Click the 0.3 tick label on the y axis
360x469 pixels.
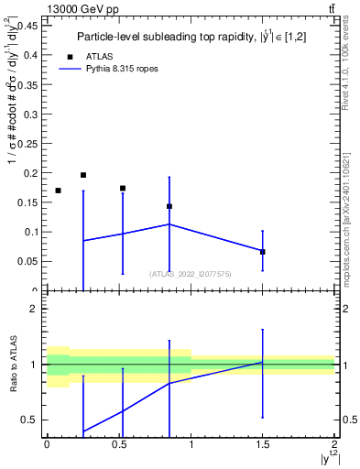pyautogui.click(x=30, y=114)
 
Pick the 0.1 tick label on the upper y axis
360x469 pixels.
pyautogui.click(x=30, y=232)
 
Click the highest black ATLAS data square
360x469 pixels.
pyautogui.click(x=83, y=175)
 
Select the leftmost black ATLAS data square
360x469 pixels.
pyautogui.click(x=59, y=191)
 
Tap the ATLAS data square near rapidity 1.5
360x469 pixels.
pyautogui.click(x=263, y=252)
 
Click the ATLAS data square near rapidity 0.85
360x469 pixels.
pyautogui.click(x=169, y=206)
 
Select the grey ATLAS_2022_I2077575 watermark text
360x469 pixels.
pyautogui.click(x=191, y=274)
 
